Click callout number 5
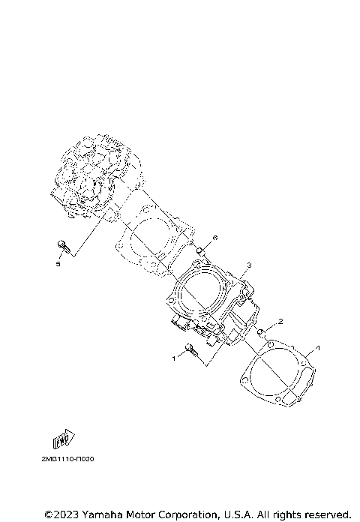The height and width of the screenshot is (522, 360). click(x=57, y=264)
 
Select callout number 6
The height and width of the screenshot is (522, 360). click(x=214, y=238)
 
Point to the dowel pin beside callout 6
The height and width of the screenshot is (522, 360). click(x=201, y=250)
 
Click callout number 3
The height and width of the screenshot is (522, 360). click(x=249, y=265)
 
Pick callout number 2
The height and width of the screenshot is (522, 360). click(x=280, y=322)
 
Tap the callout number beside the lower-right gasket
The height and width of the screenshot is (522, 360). click(x=318, y=348)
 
